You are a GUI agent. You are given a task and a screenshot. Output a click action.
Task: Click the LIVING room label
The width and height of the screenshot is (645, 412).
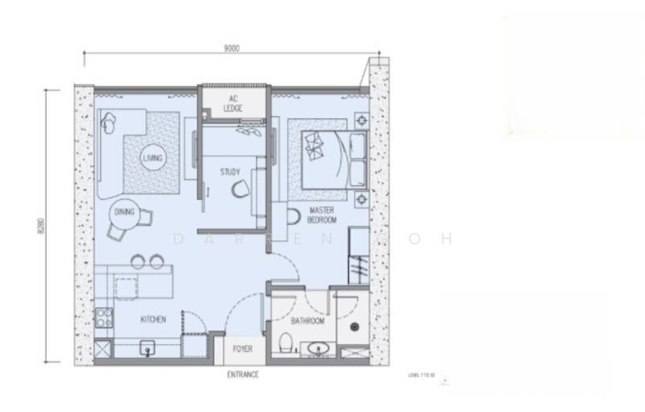(152, 158)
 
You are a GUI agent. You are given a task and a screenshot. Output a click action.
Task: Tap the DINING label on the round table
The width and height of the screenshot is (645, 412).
(125, 212)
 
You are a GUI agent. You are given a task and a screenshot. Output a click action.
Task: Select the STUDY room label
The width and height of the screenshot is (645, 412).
(231, 172)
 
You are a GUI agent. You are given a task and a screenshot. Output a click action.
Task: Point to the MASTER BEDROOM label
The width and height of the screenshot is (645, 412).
(322, 215)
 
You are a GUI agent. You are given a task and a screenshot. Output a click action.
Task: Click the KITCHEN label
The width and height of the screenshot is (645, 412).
(153, 320)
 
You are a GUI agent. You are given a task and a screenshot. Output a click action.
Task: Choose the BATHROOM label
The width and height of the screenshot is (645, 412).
(307, 321)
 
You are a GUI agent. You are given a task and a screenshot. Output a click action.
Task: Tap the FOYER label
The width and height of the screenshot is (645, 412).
(243, 349)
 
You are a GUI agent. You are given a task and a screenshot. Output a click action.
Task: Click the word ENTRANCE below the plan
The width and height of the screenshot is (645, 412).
(243, 375)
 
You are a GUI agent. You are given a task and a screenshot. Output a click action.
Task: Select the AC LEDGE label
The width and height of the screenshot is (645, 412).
(233, 103)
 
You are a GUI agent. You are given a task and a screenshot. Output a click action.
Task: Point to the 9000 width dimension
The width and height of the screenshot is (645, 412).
(231, 48)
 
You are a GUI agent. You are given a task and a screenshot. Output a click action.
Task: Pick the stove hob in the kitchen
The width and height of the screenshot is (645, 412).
(103, 316)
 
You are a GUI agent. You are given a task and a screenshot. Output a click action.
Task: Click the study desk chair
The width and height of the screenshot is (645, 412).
(240, 189)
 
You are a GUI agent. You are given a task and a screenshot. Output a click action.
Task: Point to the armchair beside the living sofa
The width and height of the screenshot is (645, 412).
(110, 123)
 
